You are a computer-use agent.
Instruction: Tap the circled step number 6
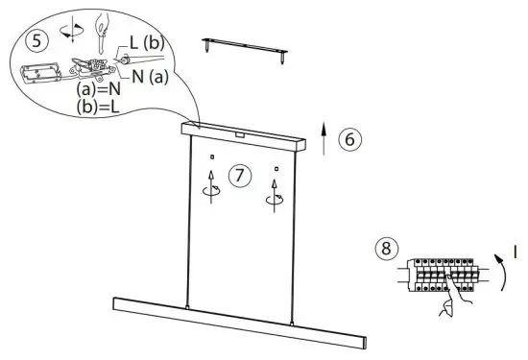pos(349,138)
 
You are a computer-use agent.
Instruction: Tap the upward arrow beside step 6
pos(324,139)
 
